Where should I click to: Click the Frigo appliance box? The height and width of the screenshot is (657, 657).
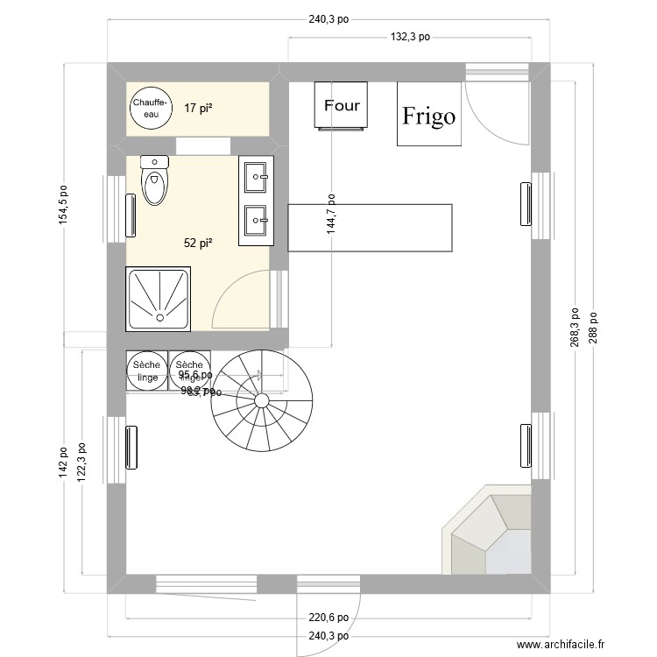[x=428, y=114]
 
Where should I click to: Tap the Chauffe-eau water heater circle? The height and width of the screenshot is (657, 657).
[x=147, y=109]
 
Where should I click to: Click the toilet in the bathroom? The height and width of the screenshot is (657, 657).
[x=155, y=180]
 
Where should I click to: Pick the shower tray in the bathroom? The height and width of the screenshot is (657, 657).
[x=159, y=299]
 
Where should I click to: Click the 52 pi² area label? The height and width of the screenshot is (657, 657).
[x=199, y=244]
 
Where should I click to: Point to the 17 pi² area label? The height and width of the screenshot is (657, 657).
[x=199, y=109]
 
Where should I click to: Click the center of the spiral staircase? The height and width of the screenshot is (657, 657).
[x=262, y=401]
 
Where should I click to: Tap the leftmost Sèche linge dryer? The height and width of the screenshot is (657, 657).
[x=147, y=371]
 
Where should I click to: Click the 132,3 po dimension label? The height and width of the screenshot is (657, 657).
[x=409, y=37]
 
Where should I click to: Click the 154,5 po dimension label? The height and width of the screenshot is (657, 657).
[x=62, y=204]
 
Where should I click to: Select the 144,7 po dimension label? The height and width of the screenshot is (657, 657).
[x=331, y=214]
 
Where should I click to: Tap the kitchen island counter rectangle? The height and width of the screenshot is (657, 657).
[x=370, y=228]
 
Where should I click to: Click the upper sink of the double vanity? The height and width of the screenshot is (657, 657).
[x=257, y=176]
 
